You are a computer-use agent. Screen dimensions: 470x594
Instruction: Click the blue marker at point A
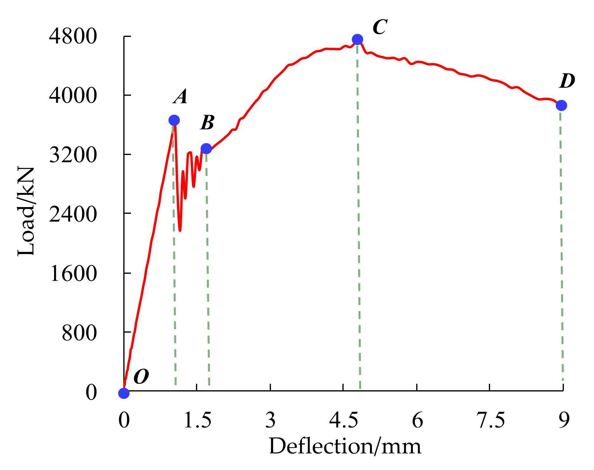174,120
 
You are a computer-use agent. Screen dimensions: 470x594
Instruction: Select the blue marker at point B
206,149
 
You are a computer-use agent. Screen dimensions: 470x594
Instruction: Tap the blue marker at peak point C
357,39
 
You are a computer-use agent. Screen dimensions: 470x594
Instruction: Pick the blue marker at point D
561,105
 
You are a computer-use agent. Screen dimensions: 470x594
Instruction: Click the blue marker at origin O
124,393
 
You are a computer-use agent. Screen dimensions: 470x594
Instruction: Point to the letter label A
180,97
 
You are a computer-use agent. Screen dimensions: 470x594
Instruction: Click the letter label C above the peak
380,27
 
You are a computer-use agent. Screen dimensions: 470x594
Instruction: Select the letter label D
567,81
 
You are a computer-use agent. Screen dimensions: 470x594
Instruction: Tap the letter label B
207,122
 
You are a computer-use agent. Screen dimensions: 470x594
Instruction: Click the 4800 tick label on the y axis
73,36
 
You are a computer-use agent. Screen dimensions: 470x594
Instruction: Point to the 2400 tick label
73,214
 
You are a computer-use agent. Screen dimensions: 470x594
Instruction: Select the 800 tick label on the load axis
79,333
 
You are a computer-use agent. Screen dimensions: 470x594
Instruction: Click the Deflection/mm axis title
345,446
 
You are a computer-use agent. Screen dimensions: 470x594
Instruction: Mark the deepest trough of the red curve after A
180,231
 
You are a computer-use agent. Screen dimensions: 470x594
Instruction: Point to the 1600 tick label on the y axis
73,273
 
